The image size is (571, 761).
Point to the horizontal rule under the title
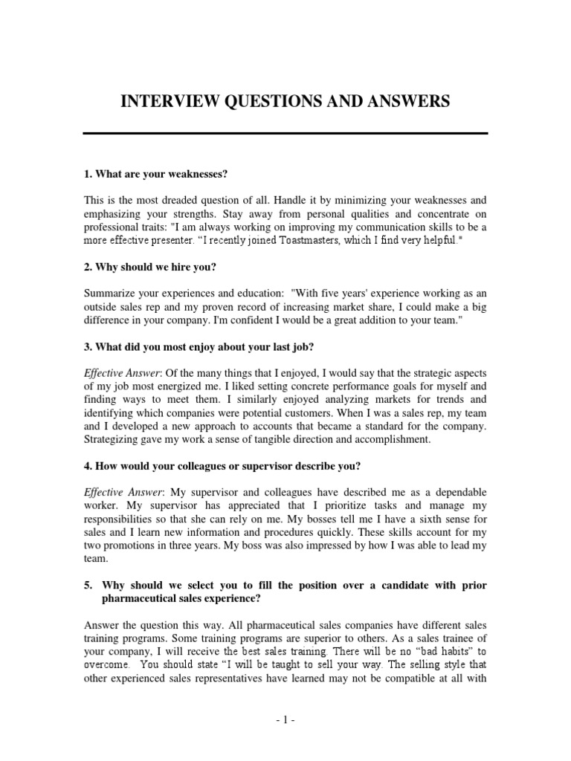[285, 133]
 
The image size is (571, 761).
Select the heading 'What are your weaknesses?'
[155, 174]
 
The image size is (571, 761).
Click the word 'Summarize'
[110, 294]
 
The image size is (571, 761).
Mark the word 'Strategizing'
[113, 439]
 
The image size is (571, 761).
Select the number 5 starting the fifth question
[87, 585]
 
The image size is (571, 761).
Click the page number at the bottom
[285, 719]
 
